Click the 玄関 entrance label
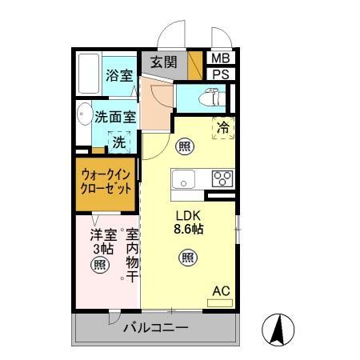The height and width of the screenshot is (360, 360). (165, 62)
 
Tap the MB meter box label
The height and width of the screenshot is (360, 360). (219, 58)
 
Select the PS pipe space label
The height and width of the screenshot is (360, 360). (219, 74)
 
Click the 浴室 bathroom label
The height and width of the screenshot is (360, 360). (119, 77)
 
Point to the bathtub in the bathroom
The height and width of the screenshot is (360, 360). (89, 74)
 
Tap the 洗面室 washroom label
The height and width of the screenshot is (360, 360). (115, 117)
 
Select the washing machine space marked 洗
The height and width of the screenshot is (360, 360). (118, 142)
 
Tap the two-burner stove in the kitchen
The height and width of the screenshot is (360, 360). (222, 178)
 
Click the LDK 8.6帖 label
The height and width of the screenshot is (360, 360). (190, 221)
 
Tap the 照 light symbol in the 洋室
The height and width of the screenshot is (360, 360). (99, 265)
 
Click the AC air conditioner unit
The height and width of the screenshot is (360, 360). (220, 302)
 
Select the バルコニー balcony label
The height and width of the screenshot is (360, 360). (156, 329)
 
